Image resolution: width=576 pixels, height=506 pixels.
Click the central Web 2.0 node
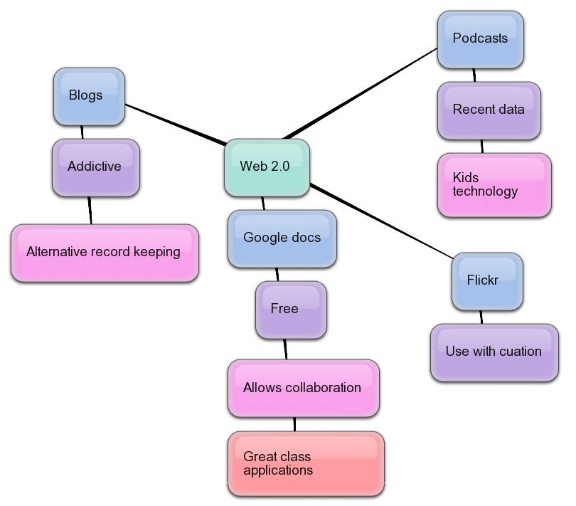267,167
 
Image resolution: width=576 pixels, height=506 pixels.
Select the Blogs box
89,96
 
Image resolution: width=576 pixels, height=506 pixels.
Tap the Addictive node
95,167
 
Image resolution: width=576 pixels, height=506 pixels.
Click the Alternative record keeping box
104,253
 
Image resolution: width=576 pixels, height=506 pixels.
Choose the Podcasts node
481,39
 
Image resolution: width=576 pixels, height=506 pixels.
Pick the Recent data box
489,110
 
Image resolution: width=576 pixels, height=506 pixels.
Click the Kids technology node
494,184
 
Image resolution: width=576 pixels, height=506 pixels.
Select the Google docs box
282,238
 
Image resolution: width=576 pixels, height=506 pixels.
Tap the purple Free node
290,310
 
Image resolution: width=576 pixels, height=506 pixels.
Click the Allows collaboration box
303,388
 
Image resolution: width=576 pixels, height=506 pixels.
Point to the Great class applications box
306,464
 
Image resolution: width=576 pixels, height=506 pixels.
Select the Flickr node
487,280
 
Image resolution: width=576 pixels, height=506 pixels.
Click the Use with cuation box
494,352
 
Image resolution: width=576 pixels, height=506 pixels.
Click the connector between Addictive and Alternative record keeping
90,210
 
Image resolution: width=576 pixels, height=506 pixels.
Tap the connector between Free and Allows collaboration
285,349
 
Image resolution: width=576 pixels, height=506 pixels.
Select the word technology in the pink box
486,191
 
